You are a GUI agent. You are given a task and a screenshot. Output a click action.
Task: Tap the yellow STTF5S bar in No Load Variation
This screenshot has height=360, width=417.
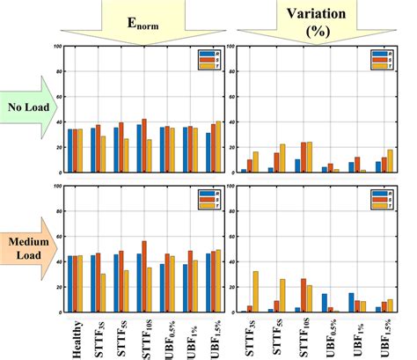(x=282, y=158)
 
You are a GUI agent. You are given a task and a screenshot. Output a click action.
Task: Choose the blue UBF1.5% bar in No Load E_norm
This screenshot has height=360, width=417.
(x=207, y=153)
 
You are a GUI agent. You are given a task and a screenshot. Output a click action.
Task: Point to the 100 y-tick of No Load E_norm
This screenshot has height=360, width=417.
(x=59, y=47)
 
